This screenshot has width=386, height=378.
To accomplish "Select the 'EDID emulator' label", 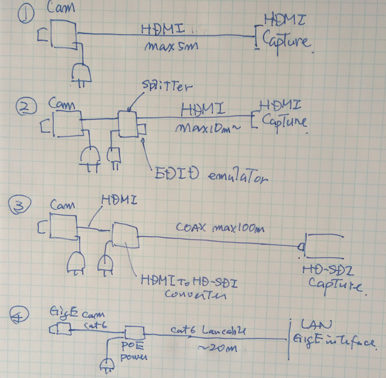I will [x=209, y=175].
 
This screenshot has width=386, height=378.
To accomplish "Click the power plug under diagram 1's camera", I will [x=81, y=73].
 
